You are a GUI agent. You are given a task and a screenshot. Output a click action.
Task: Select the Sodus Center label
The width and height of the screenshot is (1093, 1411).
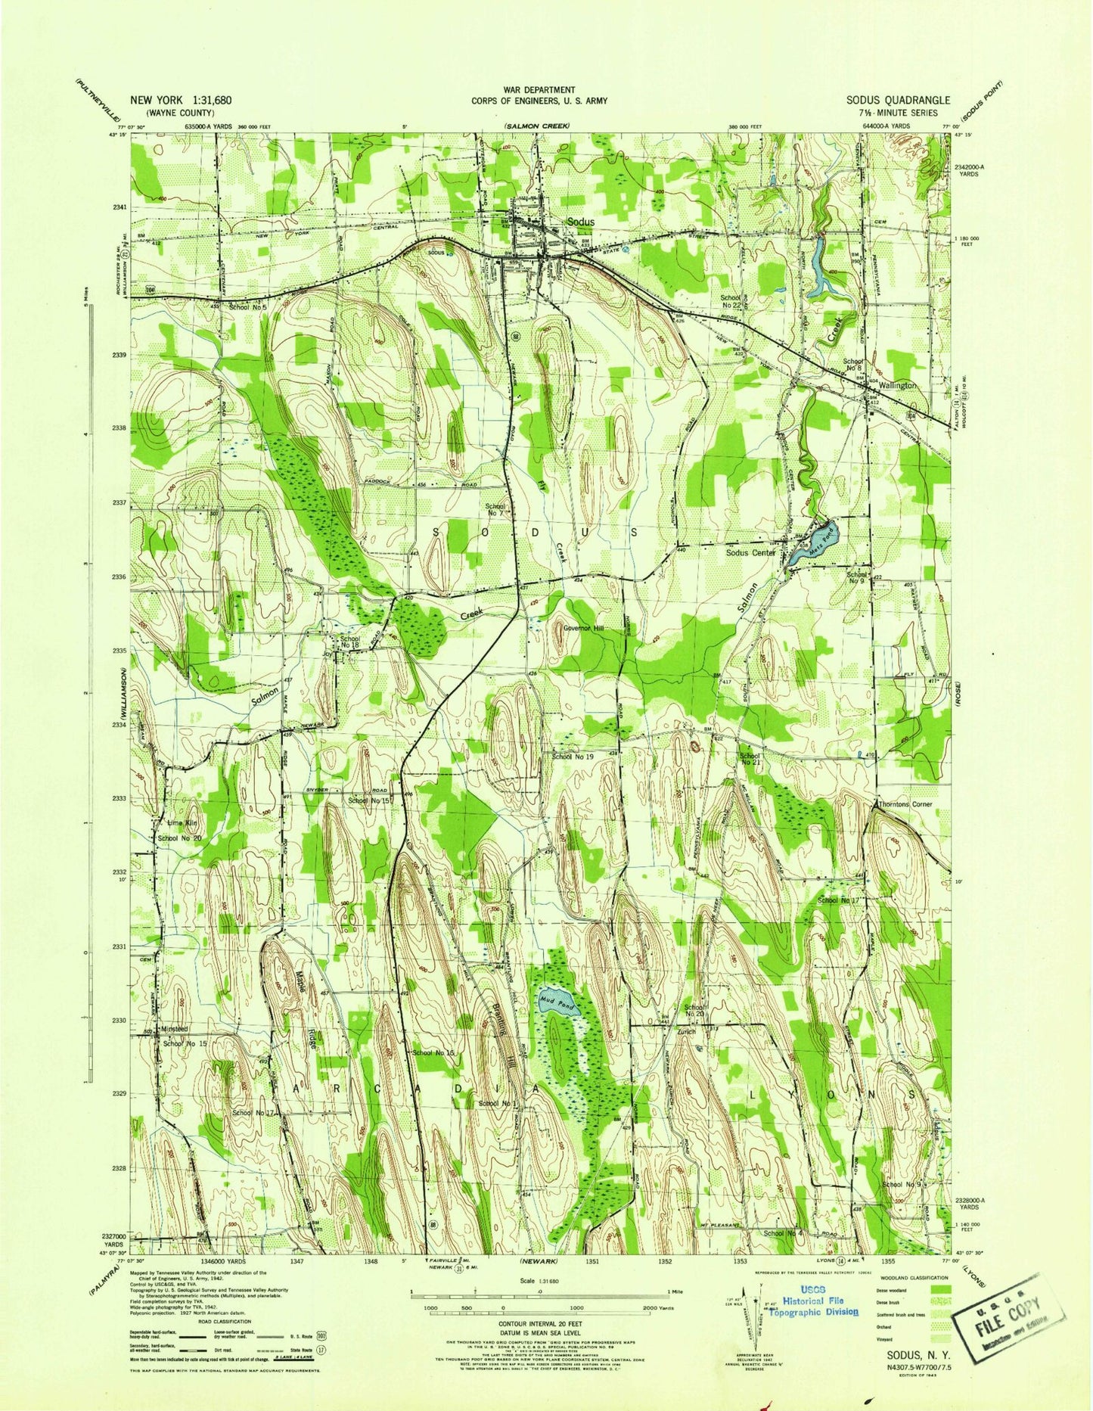click(x=750, y=552)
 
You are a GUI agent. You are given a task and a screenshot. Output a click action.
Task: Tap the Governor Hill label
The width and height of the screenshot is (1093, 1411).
click(x=592, y=628)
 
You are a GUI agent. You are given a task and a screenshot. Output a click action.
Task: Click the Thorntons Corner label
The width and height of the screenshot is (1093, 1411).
click(x=905, y=804)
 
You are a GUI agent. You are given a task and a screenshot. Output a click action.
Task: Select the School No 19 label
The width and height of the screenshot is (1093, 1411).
click(x=573, y=756)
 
